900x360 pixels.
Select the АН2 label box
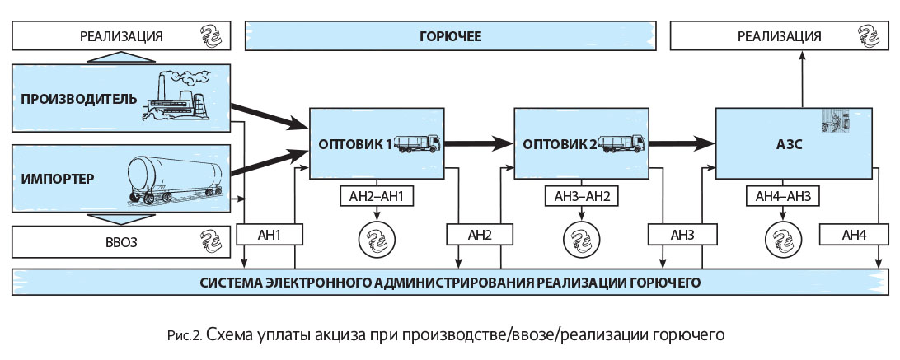(x=480, y=235)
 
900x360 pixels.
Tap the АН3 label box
(x=682, y=235)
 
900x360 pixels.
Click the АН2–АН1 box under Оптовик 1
(x=377, y=198)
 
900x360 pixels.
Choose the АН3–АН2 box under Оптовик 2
(x=578, y=198)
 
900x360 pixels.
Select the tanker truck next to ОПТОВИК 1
(x=419, y=144)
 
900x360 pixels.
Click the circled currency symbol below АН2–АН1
(x=377, y=240)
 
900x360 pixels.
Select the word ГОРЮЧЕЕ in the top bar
(x=450, y=36)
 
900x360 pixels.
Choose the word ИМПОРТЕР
(x=59, y=179)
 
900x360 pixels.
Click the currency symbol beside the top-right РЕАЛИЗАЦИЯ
(x=869, y=36)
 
